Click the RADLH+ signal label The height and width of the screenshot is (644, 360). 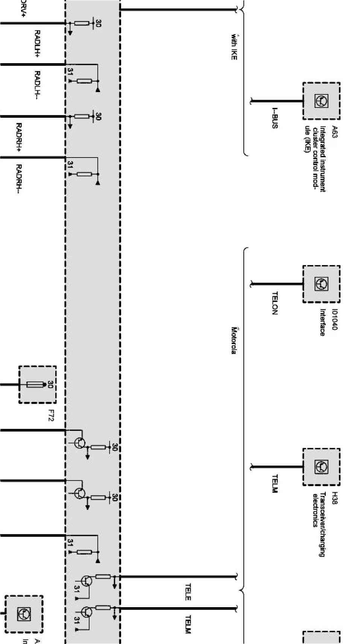(x=37, y=43)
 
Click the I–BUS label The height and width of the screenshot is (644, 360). (x=275, y=118)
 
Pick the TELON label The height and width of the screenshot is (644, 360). (x=275, y=303)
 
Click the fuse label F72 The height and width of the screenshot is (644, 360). (x=51, y=417)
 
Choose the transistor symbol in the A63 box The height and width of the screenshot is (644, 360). (x=321, y=101)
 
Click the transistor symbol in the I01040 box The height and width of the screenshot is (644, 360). (x=321, y=284)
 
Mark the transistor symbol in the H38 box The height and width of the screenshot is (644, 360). (x=321, y=467)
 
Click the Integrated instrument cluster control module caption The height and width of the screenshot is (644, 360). (x=316, y=158)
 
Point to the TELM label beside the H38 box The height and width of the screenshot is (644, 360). (x=275, y=483)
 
